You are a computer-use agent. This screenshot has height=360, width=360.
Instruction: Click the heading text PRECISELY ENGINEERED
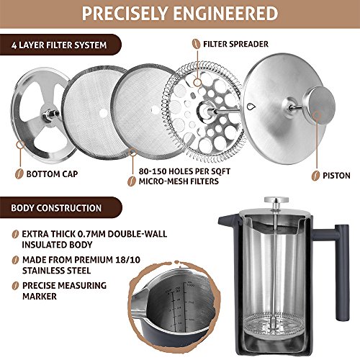179,14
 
